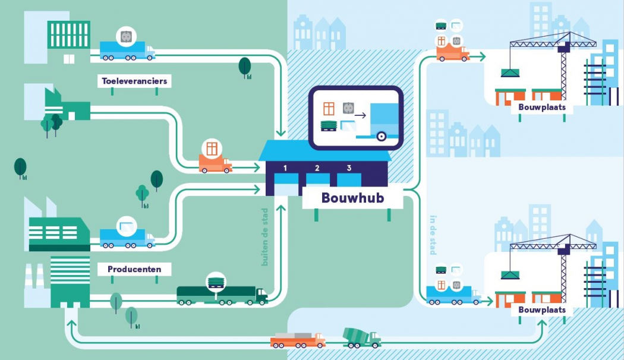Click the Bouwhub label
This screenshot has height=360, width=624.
pos(352,197)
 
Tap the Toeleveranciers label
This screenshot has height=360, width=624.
pos(134,81)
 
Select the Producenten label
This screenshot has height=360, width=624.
pos(134,269)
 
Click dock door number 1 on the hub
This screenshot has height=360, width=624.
pos(285,182)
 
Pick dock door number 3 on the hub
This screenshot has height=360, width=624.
pos(349,180)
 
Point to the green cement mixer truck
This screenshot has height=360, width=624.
pos(361,337)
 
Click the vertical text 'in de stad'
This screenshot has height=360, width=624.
pos(432,235)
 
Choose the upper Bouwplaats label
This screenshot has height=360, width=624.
pos(541,108)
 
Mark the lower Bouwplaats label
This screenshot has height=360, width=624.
pos(541,310)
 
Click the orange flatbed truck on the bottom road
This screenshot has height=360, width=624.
pos(297,340)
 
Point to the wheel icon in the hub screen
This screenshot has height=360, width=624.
pos(381,136)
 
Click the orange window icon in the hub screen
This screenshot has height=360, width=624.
pos(329,109)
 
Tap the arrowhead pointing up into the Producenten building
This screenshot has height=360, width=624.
pos(71,324)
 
